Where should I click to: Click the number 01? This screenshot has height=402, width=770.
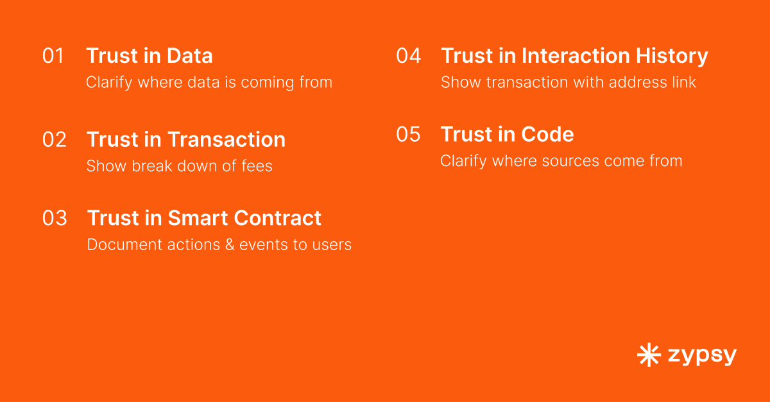[x=53, y=56]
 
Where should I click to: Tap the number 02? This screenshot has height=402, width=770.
[x=55, y=140]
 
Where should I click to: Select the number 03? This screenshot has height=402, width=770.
[x=55, y=218]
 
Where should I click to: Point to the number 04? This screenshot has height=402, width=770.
[x=408, y=56]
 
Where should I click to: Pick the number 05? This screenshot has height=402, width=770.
[x=408, y=134]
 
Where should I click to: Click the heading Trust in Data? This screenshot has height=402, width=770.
[x=150, y=56]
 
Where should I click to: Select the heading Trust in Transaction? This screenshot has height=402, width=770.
[x=186, y=140]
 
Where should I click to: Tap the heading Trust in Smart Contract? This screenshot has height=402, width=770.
[x=204, y=218]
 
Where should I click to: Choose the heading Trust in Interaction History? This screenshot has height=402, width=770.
[x=574, y=56]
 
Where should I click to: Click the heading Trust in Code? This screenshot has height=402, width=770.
[x=508, y=134]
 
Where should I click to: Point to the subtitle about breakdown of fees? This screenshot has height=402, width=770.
[x=180, y=166]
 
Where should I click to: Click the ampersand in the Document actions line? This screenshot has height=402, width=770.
[x=229, y=245]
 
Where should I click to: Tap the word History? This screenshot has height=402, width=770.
[x=672, y=56]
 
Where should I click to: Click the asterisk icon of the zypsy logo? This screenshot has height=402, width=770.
[x=649, y=355]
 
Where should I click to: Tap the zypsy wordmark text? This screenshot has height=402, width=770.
[x=702, y=356]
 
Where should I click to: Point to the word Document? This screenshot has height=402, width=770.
[x=124, y=245]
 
